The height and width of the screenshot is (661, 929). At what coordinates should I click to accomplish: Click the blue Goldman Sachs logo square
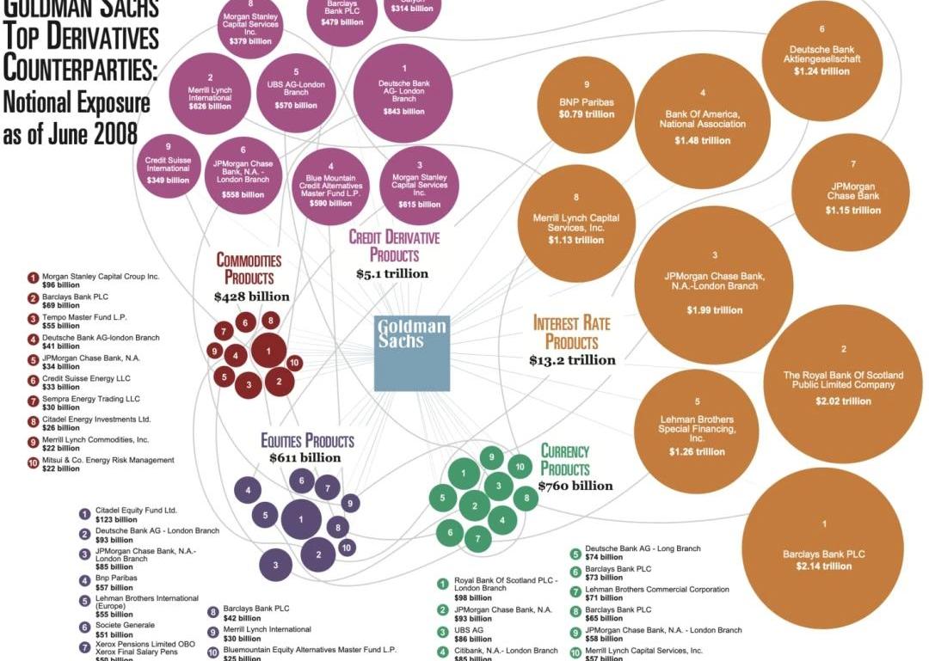pos(412,353)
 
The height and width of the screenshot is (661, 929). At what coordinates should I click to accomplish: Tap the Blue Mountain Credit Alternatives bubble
pos(330,186)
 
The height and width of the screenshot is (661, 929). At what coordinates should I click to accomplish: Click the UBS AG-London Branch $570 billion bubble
pos(295,93)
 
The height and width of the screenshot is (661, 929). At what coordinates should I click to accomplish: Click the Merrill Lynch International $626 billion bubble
pos(210,91)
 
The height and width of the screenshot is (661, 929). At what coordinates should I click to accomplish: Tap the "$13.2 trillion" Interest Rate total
pos(572,360)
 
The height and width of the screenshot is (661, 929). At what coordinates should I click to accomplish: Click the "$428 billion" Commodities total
pos(252,297)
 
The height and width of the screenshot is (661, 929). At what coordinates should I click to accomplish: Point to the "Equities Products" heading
pos(307,441)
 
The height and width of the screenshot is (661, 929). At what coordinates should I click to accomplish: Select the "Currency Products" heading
pos(565,460)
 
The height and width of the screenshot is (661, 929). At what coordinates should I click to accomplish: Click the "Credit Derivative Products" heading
pos(394,246)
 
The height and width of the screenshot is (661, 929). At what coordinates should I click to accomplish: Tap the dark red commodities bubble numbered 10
pos(293,363)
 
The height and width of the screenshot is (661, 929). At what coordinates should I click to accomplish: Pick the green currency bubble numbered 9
pos(490,456)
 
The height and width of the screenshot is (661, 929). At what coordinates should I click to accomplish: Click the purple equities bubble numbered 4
pos(248,491)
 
